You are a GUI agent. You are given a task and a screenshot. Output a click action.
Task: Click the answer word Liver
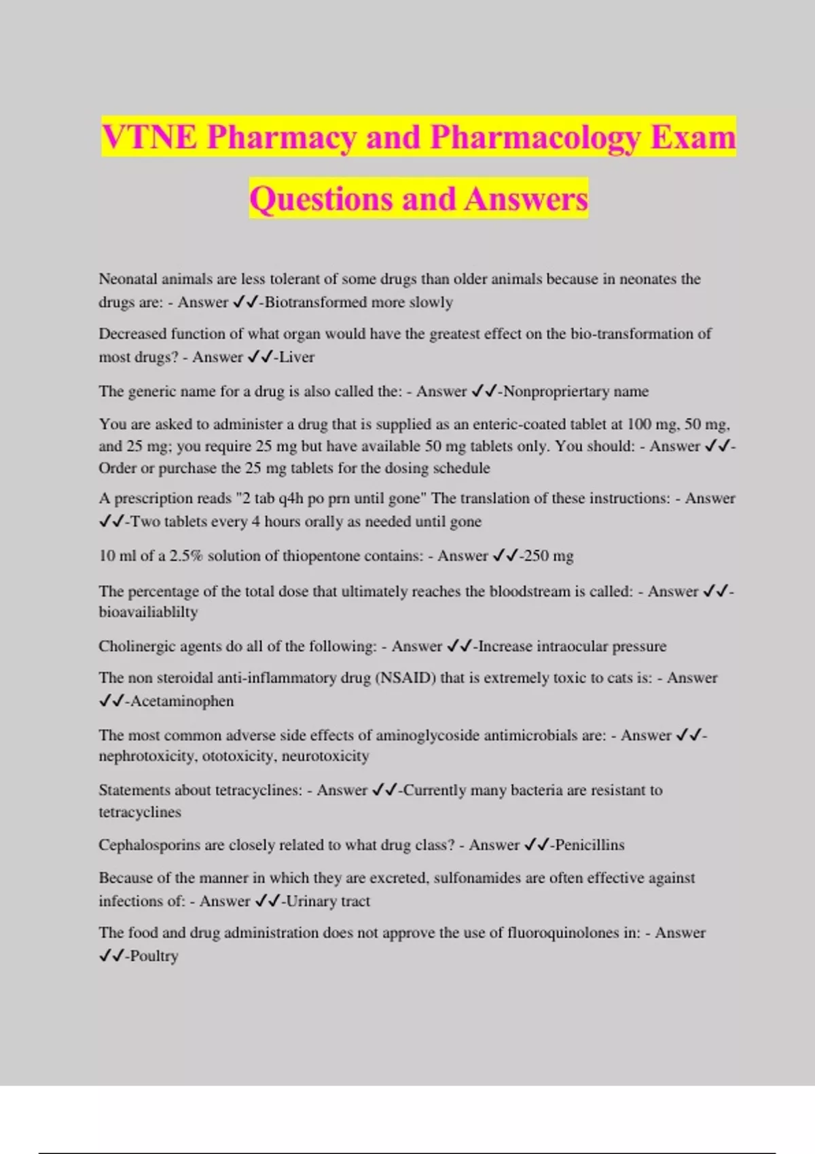coord(297,357)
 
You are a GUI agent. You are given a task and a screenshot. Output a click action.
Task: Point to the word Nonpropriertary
coord(556,392)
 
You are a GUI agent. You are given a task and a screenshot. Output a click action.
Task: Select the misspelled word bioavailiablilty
coord(148,612)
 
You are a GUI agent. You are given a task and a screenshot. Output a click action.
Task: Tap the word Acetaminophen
coord(182,701)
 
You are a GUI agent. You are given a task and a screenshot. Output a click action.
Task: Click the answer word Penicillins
coord(590,845)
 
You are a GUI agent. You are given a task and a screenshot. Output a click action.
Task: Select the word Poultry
coord(154,956)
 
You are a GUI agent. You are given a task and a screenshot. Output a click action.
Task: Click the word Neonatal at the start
coord(128,279)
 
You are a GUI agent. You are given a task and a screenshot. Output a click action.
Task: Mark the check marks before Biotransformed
coord(245,302)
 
